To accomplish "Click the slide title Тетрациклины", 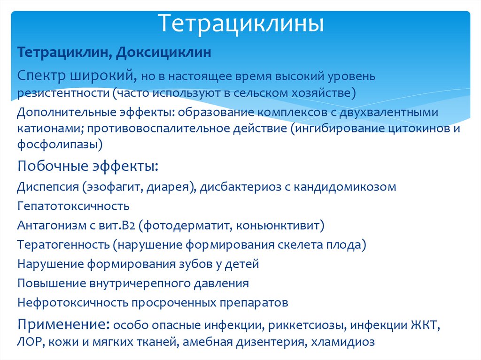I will click(240, 24).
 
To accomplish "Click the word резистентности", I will click(63, 93).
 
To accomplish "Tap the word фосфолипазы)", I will click(60, 145).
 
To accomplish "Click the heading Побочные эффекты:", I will click(88, 166).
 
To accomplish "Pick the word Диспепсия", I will click(47, 187).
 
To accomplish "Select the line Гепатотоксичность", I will click(73, 206).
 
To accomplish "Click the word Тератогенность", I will click(64, 245).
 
